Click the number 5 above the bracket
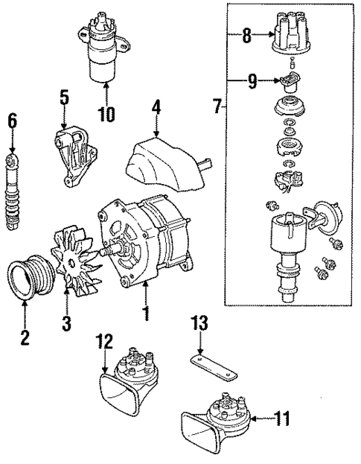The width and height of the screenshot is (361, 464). click(64, 97)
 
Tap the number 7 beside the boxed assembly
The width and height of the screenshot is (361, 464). click(215, 106)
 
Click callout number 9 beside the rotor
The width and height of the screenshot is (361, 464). click(253, 82)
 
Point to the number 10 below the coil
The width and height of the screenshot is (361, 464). click(106, 113)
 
